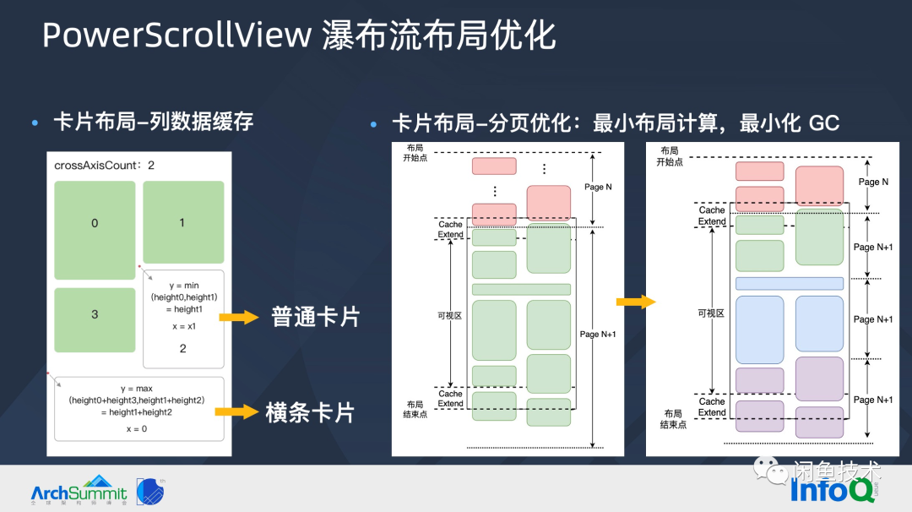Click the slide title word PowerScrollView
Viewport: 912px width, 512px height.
point(176,36)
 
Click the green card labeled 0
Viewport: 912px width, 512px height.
point(95,223)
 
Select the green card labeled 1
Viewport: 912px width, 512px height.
point(182,222)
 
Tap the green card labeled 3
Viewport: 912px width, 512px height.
point(95,314)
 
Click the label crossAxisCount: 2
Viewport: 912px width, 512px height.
point(104,166)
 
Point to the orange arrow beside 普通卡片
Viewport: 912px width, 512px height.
point(239,318)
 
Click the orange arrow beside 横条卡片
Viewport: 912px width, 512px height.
point(236,412)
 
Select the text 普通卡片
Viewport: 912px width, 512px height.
point(315,318)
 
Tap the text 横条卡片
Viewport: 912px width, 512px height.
point(310,412)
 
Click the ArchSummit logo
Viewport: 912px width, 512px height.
point(79,490)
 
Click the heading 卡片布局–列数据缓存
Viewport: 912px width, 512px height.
point(153,123)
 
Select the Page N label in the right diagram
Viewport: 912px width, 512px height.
point(873,182)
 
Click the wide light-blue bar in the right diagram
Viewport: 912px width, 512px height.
point(789,284)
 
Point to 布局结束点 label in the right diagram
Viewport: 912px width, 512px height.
point(673,419)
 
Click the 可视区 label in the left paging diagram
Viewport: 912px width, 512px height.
point(449,315)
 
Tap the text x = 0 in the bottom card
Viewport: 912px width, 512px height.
point(139,429)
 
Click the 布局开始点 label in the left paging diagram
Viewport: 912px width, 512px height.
point(415,153)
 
